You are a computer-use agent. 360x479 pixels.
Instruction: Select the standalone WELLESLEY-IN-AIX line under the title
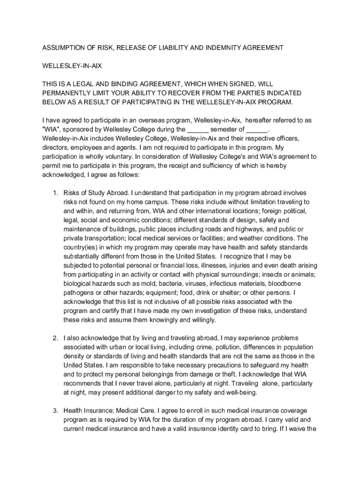tap(72, 66)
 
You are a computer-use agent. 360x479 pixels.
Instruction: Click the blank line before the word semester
tap(198, 130)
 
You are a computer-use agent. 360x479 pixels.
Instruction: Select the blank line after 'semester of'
tap(257, 130)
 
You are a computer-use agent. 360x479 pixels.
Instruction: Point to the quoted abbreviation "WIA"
tap(51, 130)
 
